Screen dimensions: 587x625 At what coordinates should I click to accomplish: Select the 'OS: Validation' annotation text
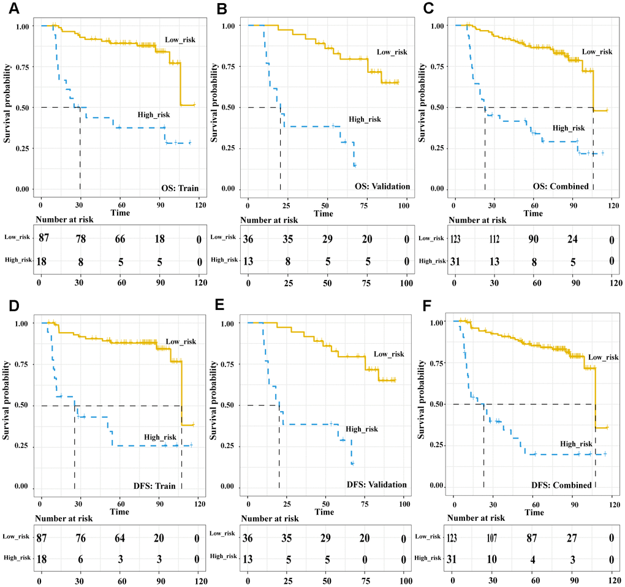379,186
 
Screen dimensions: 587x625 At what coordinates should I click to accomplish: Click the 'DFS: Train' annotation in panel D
156,486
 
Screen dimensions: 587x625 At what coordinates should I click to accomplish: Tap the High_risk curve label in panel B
365,119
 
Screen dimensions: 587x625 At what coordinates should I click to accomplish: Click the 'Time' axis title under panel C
533,214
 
